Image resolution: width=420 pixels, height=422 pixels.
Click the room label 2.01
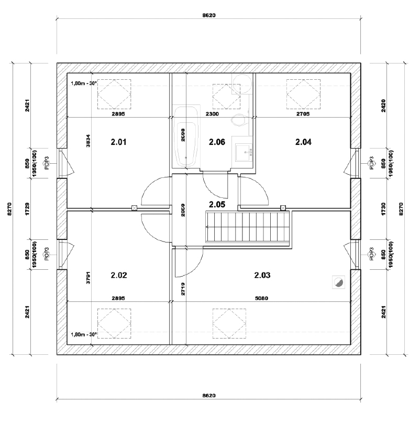pos(118,142)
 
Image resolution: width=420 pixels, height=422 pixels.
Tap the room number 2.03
pos(262,276)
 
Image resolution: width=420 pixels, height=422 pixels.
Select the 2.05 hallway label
pos(217,205)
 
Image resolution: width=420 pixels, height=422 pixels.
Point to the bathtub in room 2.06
pos(186,136)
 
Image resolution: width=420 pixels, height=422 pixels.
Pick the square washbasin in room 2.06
pos(244,152)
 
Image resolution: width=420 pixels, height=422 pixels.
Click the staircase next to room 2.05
pos(247,227)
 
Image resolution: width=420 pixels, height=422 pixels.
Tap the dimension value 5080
pos(261,298)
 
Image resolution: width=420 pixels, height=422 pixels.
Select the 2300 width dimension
pos(212,114)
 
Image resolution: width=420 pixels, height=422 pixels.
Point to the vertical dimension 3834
pos(88,141)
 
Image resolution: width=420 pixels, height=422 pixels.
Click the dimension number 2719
pos(183,289)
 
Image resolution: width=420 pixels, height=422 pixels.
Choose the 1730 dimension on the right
pos(383,209)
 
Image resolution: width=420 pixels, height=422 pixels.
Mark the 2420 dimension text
pos(383,106)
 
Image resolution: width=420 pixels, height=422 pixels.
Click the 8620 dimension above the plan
pos(209,15)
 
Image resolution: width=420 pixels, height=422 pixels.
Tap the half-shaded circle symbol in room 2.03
pos(338,282)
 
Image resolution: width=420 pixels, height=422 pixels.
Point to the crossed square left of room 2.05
pos(134,208)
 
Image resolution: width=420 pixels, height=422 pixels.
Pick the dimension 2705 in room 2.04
pos(303,114)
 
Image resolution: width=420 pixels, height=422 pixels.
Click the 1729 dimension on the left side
pos(27,209)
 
